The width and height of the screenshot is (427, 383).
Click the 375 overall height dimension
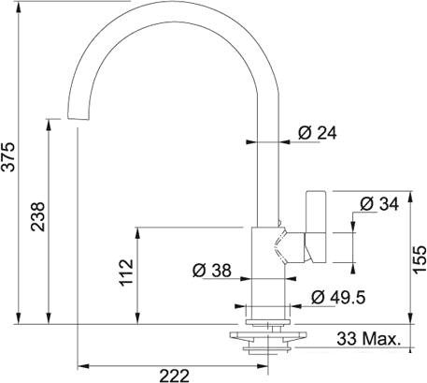pyautogui.click(x=9, y=156)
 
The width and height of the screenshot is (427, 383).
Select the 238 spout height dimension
pyautogui.click(x=38, y=216)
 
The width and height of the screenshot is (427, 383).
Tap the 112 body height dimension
pyautogui.click(x=127, y=273)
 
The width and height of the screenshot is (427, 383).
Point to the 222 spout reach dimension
pyautogui.click(x=175, y=376)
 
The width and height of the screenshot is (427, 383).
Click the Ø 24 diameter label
pyautogui.click(x=318, y=133)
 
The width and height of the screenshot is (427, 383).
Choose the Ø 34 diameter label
pyautogui.click(x=379, y=204)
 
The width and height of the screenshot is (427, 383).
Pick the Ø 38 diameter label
pyautogui.click(x=212, y=271)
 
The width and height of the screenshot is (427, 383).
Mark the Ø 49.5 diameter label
pyautogui.click(x=338, y=298)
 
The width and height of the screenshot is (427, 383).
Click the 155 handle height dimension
pyautogui.click(x=420, y=259)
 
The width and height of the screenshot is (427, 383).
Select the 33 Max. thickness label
pyautogui.click(x=368, y=339)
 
